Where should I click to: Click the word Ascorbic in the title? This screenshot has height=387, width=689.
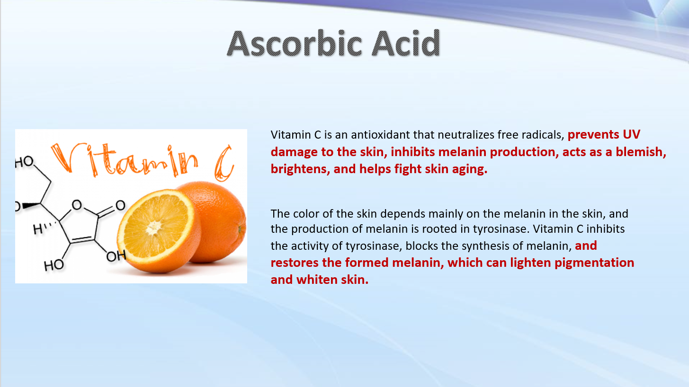tap(296, 44)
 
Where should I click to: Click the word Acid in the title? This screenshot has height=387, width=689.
tap(406, 44)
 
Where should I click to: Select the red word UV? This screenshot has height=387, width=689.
tap(632, 134)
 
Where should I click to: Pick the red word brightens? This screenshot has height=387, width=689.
tap(298, 169)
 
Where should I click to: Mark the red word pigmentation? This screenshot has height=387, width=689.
tap(594, 263)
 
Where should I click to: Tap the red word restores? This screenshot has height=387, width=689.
tap(295, 263)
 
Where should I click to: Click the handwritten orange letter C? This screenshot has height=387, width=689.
tap(224, 163)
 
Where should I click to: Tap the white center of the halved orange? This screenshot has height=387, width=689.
tap(153, 228)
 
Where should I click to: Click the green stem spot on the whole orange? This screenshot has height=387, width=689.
tap(240, 229)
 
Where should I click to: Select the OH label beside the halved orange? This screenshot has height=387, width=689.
tap(116, 256)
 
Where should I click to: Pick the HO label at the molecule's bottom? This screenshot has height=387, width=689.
tap(54, 265)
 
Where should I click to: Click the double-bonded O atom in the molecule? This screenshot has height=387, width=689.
tap(120, 205)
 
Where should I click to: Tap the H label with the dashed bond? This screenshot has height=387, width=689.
tap(37, 229)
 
